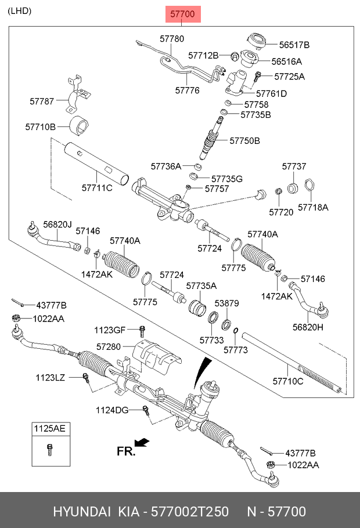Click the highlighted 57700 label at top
click(183, 13)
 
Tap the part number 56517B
click(294, 45)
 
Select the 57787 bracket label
click(42, 101)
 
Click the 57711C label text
click(96, 187)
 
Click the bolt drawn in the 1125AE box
click(49, 450)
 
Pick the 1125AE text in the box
click(49, 429)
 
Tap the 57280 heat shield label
click(109, 346)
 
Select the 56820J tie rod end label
click(57, 225)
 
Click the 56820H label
click(308, 327)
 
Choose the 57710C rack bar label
click(288, 381)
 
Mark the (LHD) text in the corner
click(20, 11)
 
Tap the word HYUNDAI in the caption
click(82, 512)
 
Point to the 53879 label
click(227, 303)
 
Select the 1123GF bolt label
click(110, 330)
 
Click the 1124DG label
click(112, 410)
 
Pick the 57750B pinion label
click(244, 140)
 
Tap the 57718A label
click(313, 207)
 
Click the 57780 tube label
click(171, 38)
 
